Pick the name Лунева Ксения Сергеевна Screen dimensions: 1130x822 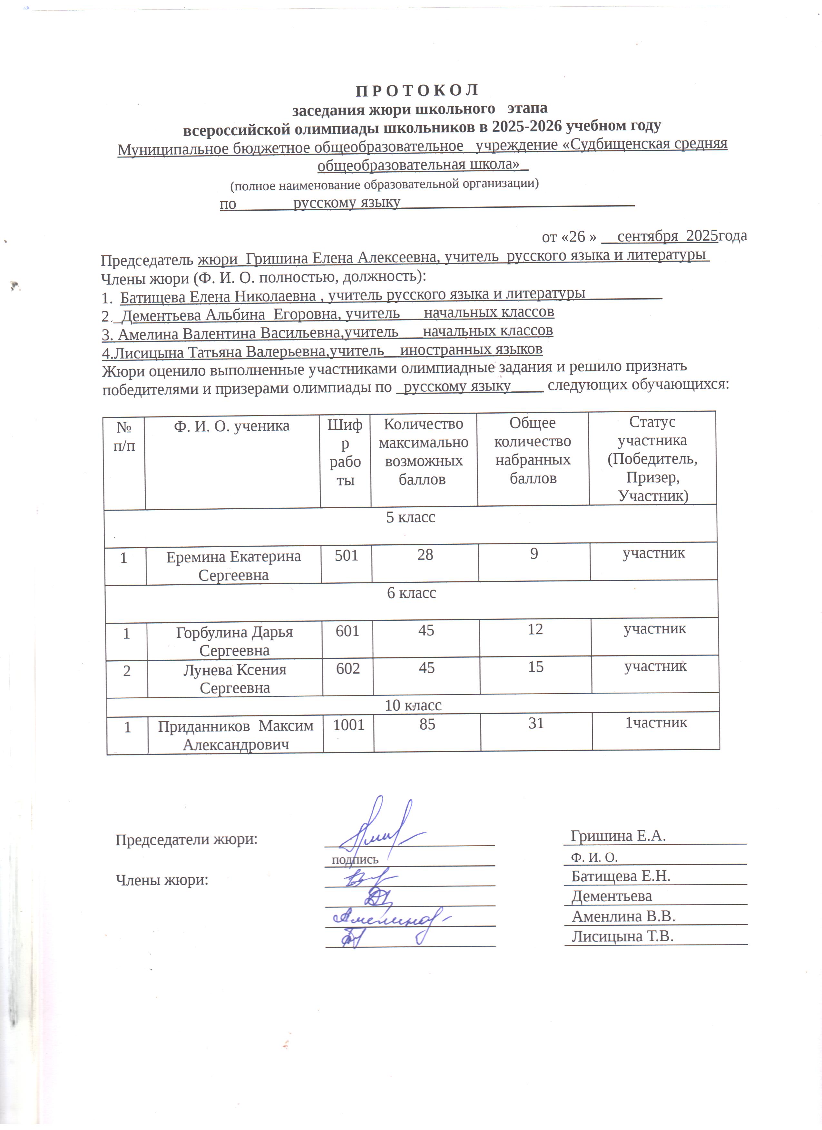[x=235, y=679]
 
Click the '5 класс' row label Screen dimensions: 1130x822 [x=410, y=517]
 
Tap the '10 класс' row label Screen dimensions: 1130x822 [x=413, y=705]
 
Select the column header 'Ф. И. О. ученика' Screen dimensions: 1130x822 [x=231, y=426]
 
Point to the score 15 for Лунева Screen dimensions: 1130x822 [x=535, y=667]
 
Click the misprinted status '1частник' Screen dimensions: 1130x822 [x=656, y=723]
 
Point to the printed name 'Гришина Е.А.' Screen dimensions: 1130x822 [x=618, y=836]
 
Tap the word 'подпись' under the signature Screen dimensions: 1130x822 [x=355, y=859]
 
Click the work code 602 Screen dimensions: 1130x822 [x=347, y=668]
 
